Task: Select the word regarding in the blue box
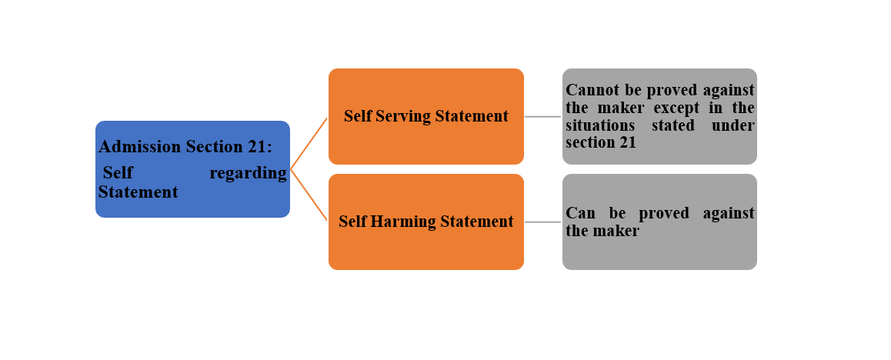248,173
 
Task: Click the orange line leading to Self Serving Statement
309,143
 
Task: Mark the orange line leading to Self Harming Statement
309,195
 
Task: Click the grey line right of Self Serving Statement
542,117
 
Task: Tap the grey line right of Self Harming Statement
542,222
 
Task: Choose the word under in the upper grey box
732,125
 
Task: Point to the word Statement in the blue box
138,192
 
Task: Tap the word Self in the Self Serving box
356,116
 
